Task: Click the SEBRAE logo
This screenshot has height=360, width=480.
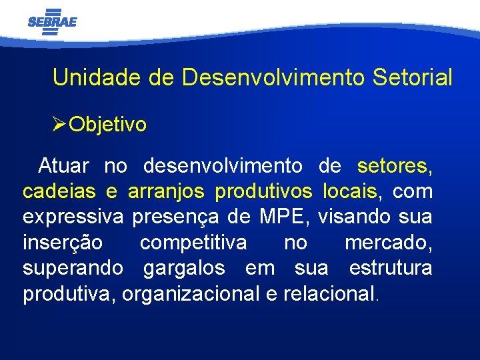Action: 52,21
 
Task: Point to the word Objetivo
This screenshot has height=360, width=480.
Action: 108,125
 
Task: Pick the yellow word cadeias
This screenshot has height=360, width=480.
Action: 60,191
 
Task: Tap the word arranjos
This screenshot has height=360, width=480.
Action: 166,192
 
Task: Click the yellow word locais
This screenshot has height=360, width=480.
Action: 351,191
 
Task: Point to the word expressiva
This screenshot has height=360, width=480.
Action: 73,217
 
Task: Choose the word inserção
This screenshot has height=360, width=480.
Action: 63,243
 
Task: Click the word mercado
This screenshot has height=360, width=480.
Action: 387,243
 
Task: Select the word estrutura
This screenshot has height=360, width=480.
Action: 391,269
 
